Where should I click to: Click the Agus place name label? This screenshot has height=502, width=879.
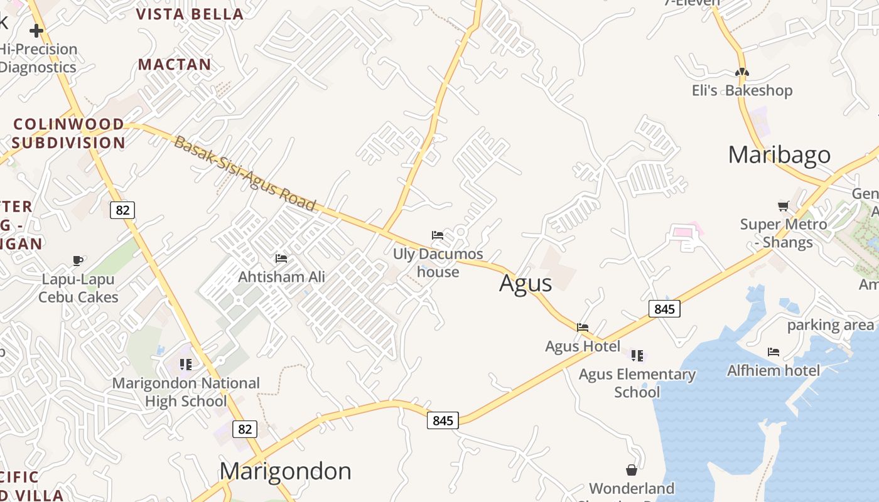[x=526, y=284]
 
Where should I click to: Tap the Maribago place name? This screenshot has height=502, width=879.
[x=779, y=155]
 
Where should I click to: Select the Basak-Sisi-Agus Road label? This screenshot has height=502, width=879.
[x=245, y=174]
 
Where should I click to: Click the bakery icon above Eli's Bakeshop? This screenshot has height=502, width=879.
[x=742, y=73]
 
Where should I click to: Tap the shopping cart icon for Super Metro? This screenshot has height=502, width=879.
[x=783, y=206]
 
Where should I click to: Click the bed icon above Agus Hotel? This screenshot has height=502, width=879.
[x=583, y=327]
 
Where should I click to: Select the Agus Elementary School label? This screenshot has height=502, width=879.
[x=637, y=383]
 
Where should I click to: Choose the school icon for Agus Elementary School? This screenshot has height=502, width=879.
[x=637, y=356]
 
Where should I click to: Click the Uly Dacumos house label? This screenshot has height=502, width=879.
[x=438, y=263]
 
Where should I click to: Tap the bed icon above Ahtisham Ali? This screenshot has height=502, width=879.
[x=281, y=258]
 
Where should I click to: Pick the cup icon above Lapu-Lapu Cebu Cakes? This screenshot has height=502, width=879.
[x=78, y=260]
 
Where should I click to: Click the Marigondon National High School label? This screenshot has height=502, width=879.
[x=186, y=392]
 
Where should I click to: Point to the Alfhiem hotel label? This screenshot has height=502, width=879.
[x=774, y=371]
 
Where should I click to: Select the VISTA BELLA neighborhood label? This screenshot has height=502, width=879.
[x=190, y=14]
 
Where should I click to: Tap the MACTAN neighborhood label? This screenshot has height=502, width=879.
[x=175, y=64]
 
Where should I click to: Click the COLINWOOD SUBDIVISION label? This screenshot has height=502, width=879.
[x=68, y=133]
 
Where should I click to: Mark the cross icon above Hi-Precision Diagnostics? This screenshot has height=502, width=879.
[x=36, y=30]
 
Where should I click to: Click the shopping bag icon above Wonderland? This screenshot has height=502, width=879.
[x=632, y=470]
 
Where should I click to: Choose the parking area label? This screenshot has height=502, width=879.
[x=830, y=325]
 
